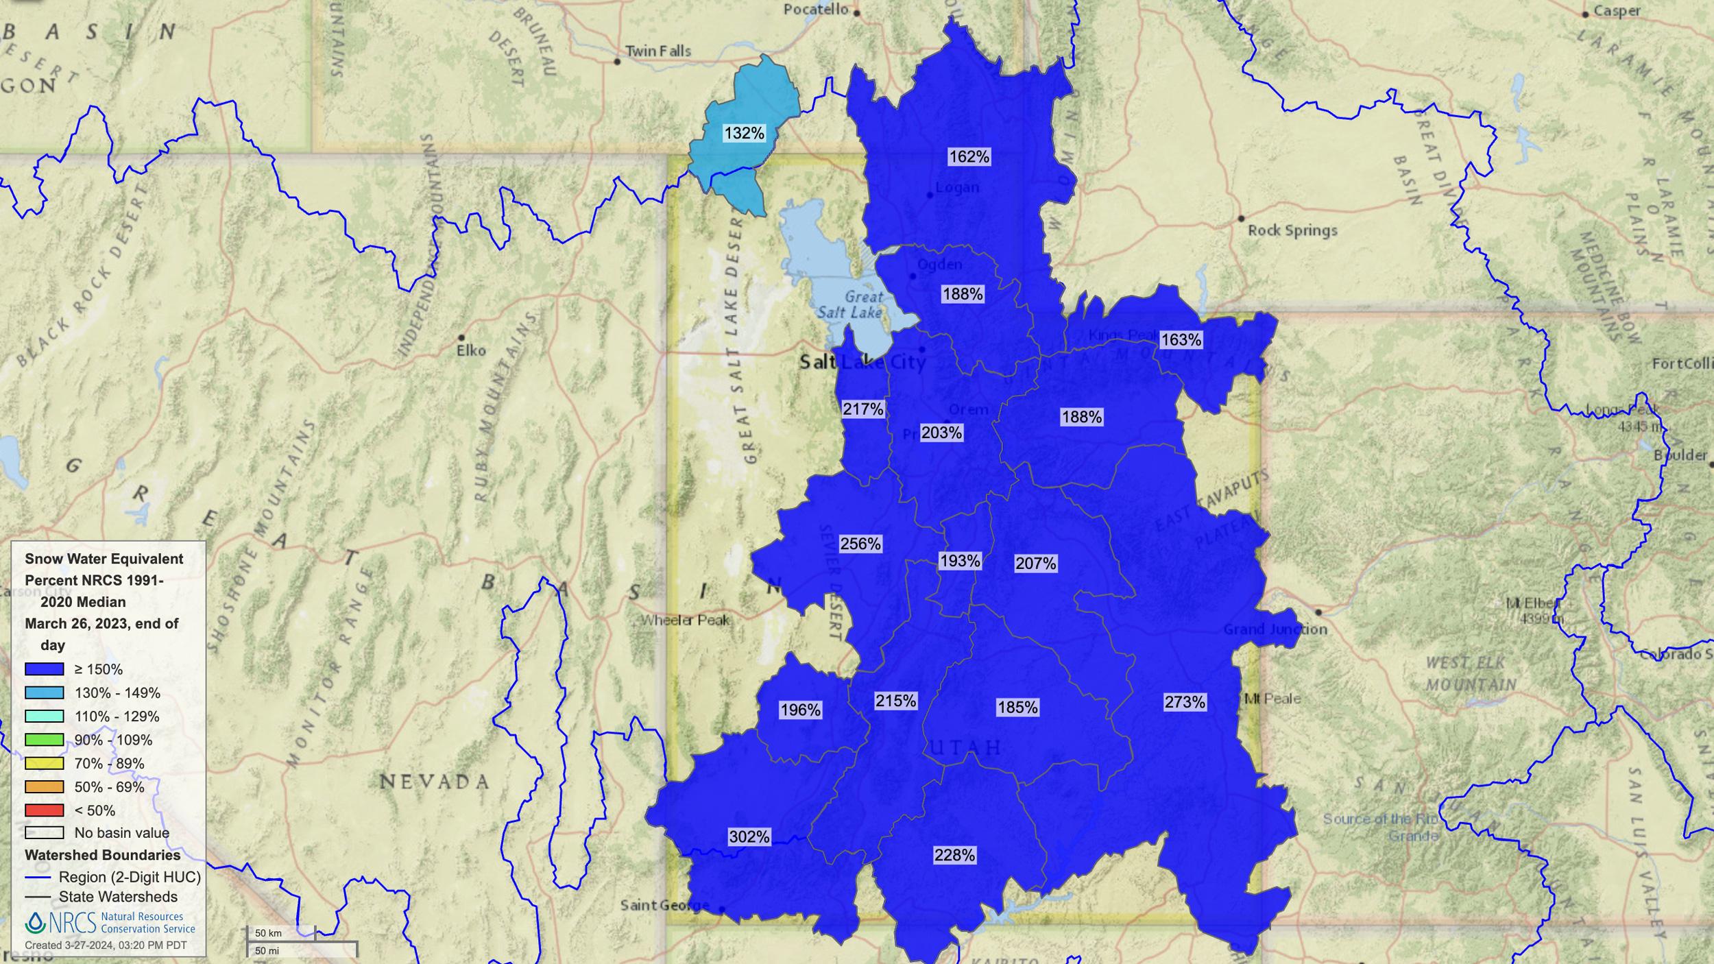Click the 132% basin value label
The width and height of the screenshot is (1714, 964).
(x=744, y=133)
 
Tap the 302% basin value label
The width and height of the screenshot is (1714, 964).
(x=749, y=836)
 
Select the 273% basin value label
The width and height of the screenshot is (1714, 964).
(x=1184, y=701)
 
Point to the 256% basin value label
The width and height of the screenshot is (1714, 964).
(x=860, y=544)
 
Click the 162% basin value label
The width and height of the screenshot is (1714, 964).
(x=969, y=157)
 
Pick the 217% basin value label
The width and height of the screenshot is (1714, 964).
(x=862, y=409)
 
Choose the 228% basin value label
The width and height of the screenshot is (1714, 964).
(x=954, y=855)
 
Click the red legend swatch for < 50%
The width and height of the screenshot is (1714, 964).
(x=45, y=810)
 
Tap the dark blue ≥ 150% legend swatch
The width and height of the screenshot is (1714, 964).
(x=45, y=669)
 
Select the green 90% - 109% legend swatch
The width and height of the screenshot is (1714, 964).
(x=45, y=740)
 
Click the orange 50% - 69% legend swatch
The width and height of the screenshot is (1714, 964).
(x=45, y=787)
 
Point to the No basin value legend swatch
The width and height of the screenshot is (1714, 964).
(x=45, y=833)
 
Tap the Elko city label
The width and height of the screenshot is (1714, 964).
(x=471, y=350)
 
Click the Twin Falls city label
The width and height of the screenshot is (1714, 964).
(x=657, y=51)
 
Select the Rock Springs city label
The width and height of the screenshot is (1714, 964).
(x=1292, y=230)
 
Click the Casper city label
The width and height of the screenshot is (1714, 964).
(x=1617, y=11)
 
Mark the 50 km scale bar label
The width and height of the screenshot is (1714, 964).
(x=268, y=933)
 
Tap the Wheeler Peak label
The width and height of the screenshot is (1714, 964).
(x=685, y=620)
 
